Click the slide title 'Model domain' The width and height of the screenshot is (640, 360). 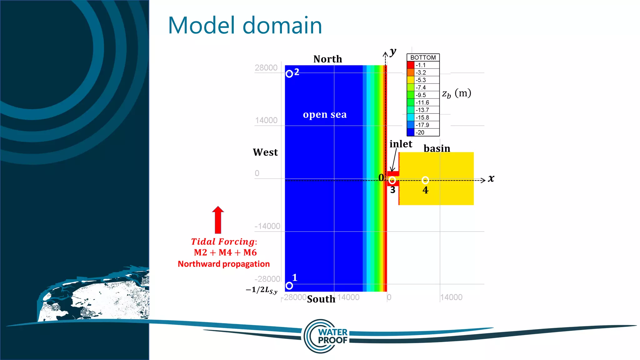point(245,25)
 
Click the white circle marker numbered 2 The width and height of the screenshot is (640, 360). point(289,74)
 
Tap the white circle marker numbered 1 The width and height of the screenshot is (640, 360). point(289,286)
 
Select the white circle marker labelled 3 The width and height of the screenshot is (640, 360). point(392,180)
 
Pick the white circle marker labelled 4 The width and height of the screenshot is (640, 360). point(425,180)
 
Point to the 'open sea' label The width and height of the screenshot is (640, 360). point(325,115)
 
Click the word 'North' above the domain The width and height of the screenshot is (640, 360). point(327,59)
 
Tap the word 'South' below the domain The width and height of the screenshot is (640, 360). point(321,299)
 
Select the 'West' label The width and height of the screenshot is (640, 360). point(265,152)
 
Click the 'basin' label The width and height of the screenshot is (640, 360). point(437,148)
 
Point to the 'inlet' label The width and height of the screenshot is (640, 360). point(401,144)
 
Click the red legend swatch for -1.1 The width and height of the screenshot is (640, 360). point(411,65)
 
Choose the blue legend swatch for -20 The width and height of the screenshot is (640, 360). point(411,132)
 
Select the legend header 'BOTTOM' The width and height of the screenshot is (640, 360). point(423,57)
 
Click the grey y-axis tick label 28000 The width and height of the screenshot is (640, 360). point(266,68)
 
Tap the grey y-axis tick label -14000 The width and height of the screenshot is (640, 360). point(267,226)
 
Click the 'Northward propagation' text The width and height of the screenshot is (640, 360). point(223,264)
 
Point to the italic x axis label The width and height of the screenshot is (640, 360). point(491,178)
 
